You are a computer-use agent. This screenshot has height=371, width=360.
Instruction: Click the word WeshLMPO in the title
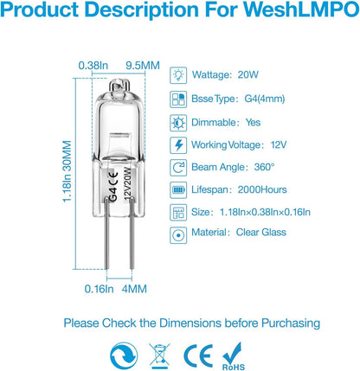tap(301, 9)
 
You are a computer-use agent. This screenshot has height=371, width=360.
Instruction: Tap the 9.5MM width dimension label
tap(143, 66)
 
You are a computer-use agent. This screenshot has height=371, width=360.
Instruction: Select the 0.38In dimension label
tap(93, 66)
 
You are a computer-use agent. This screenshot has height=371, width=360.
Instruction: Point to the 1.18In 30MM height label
tap(67, 171)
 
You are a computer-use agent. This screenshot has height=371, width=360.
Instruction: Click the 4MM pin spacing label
tap(134, 289)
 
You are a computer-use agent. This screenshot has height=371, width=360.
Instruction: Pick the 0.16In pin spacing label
tap(99, 289)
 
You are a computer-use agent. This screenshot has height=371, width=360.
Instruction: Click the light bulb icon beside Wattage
tap(178, 75)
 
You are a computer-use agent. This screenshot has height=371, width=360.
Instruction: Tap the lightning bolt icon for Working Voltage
tap(178, 145)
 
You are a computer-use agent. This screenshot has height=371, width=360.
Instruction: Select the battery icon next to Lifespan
tap(178, 190)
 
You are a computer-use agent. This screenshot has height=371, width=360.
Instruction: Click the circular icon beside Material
tap(178, 235)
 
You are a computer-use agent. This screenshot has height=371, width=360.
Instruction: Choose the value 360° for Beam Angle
tap(264, 167)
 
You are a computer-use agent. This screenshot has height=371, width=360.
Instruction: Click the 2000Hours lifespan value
tap(262, 189)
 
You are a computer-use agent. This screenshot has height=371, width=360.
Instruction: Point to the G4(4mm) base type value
tap(265, 99)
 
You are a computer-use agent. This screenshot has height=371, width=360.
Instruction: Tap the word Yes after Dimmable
tap(253, 122)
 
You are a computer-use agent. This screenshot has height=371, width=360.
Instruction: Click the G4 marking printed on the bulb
tap(113, 195)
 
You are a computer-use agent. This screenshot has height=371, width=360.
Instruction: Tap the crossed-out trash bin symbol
tap(159, 356)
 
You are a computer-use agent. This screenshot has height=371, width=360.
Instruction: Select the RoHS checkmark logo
tap(233, 356)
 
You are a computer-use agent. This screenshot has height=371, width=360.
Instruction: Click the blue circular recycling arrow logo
tap(124, 356)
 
